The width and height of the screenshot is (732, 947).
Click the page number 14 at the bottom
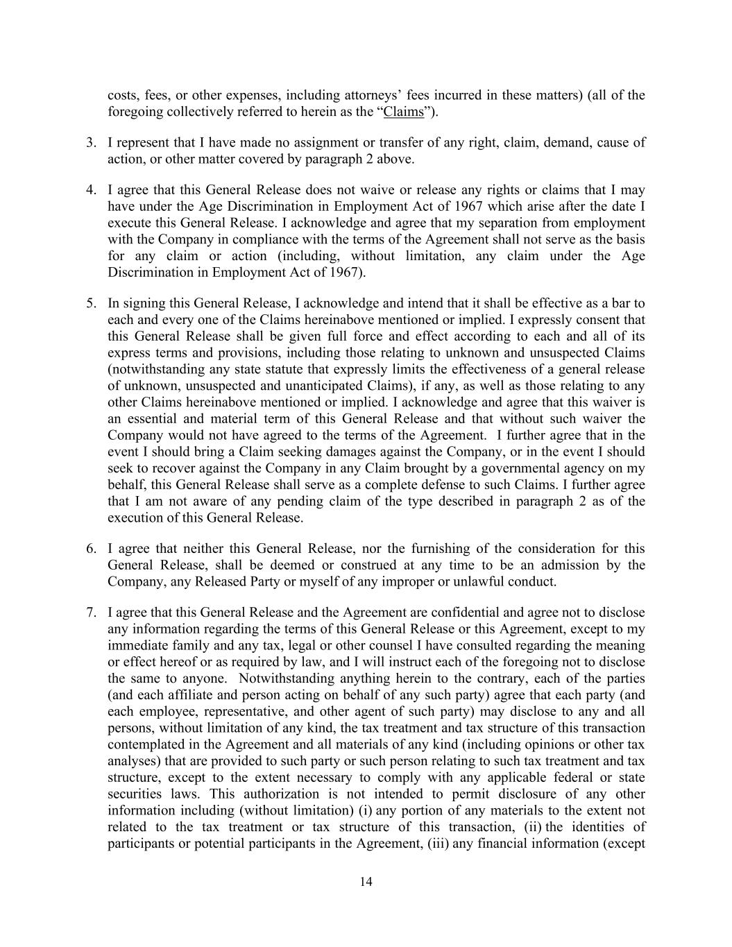pos(366,882)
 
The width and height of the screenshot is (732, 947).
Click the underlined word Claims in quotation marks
pos(403,112)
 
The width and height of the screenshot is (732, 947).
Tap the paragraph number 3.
pos(91,143)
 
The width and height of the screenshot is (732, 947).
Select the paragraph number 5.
pos(91,303)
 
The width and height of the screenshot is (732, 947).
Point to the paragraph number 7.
pos(91,613)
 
